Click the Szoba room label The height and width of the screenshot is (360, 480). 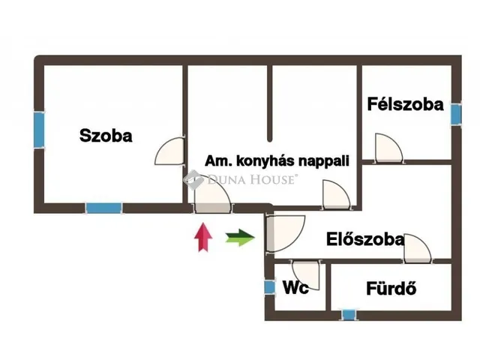(x=106, y=135)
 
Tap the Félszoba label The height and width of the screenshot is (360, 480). (x=405, y=104)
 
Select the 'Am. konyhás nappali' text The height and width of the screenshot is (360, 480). (x=277, y=161)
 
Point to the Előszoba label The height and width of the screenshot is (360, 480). (x=365, y=239)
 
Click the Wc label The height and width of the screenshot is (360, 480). (x=295, y=287)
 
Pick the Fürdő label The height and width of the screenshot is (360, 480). (x=391, y=288)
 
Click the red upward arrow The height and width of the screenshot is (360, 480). (x=203, y=237)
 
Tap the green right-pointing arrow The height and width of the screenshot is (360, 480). (x=240, y=238)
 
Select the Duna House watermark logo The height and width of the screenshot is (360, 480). (x=241, y=179)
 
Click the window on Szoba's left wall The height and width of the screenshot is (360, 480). (x=39, y=130)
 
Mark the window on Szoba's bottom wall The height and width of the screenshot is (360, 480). (x=104, y=208)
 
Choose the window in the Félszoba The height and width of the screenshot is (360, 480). (x=456, y=114)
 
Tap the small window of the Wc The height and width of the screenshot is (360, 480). (x=270, y=287)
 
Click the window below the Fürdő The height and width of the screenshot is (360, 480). (x=349, y=315)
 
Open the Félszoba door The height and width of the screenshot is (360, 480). (x=388, y=147)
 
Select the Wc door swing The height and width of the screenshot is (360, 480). (x=306, y=275)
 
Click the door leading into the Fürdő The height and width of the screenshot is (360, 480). (x=418, y=248)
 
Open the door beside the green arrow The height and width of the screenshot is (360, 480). (x=286, y=234)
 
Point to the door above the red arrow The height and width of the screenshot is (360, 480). (x=212, y=193)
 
